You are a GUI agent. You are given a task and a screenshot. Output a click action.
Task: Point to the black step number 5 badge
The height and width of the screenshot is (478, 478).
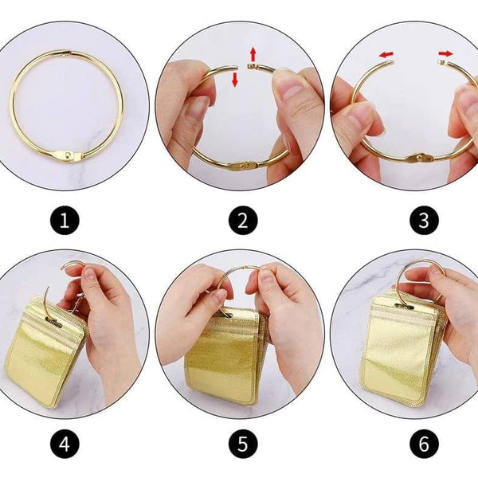click(x=240, y=441)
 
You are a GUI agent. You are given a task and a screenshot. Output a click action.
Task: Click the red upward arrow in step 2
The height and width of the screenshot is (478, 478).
click(x=253, y=54)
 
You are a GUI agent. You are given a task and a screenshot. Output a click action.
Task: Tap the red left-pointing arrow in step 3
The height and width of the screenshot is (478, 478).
click(x=386, y=55)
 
